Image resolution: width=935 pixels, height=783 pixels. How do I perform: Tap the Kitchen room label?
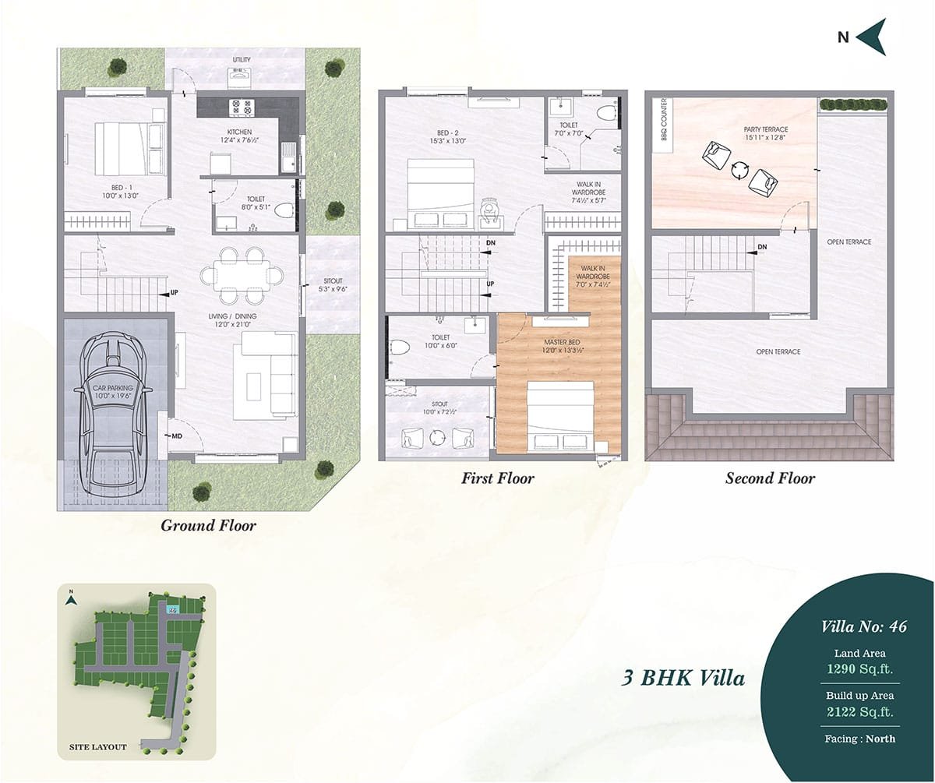coord(239,132)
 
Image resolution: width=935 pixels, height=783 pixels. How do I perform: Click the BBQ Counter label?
coord(664,119)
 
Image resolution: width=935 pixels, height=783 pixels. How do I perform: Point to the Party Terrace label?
coord(766,129)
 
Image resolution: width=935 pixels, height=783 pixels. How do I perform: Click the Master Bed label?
coord(562,342)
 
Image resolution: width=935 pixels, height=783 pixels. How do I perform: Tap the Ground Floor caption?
coord(209,526)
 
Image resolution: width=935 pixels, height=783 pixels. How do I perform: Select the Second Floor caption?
coord(771,478)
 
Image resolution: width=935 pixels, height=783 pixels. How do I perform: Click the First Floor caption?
coord(498,478)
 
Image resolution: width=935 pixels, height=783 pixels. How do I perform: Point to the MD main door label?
coord(177,436)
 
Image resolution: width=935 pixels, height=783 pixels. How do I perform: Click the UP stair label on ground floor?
coord(175,292)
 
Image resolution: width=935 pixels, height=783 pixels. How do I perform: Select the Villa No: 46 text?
coord(864,626)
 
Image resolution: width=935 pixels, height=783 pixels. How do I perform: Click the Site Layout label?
coord(97,746)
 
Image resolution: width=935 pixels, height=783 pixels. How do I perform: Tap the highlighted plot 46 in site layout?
coord(173,610)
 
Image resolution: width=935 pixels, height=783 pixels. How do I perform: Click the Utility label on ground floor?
coord(242,59)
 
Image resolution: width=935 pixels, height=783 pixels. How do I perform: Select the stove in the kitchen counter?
coord(242,107)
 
